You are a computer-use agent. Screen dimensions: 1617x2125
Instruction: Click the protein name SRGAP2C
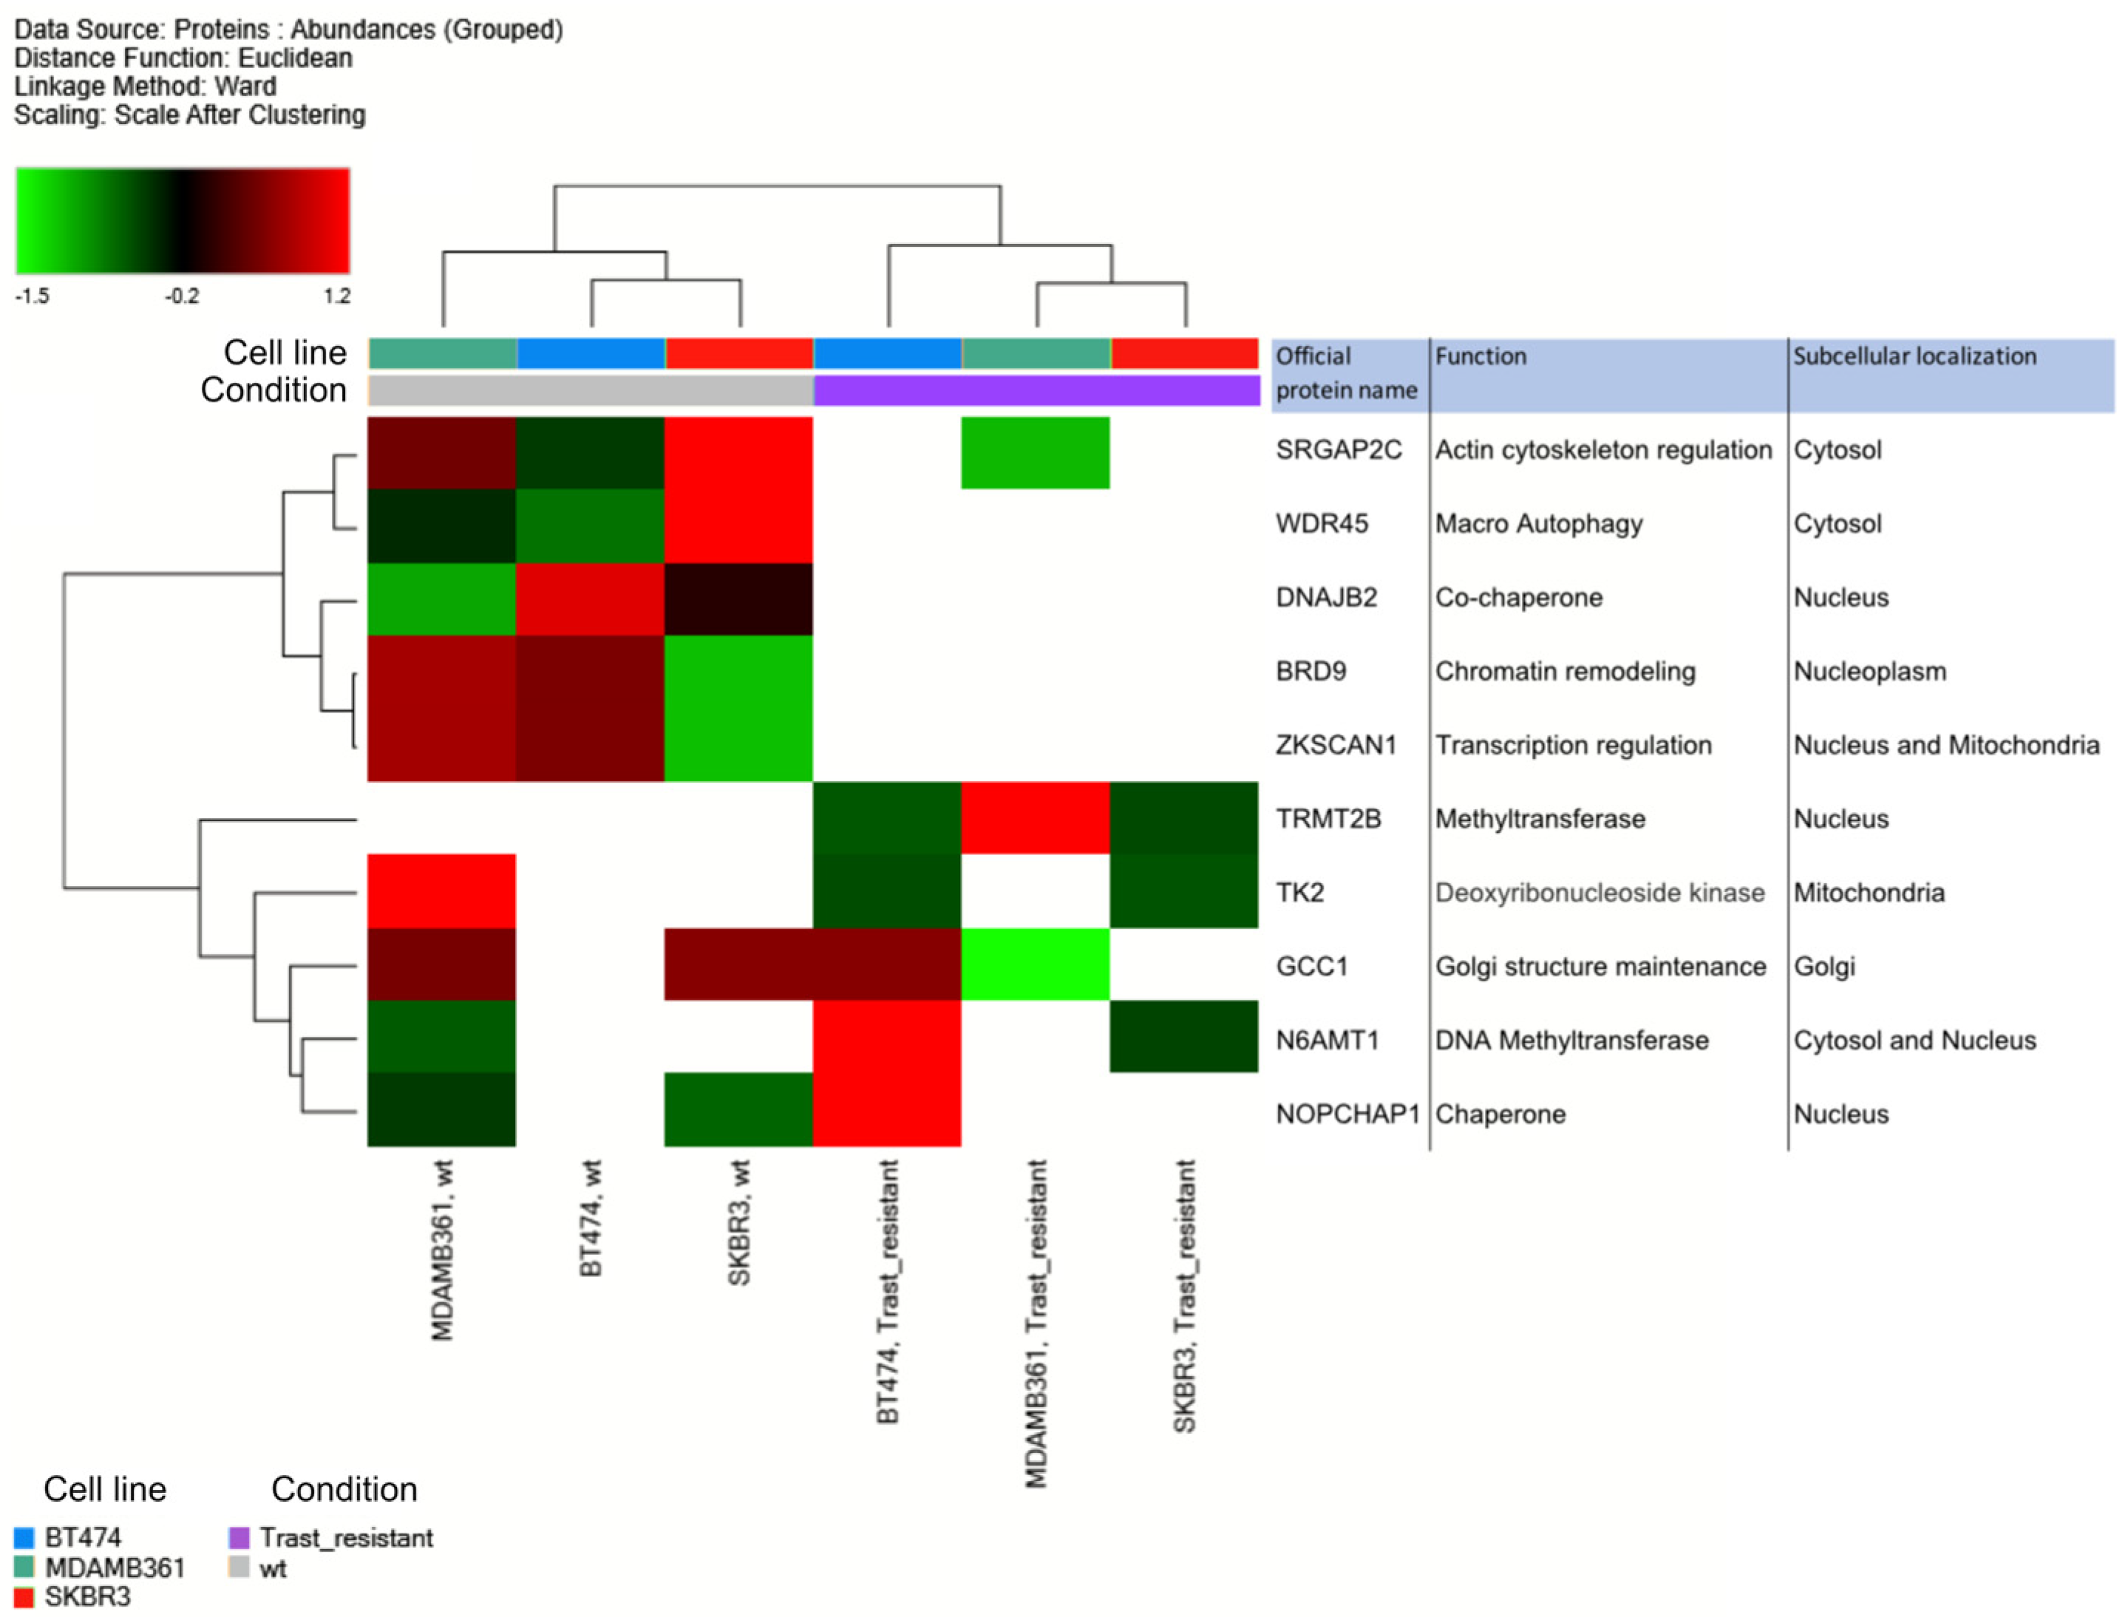point(1338,451)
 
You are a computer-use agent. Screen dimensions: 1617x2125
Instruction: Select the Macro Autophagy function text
point(1538,525)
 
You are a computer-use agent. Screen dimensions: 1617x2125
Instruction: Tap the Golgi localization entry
point(1823,967)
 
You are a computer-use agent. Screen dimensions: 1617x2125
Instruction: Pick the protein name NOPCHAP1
point(1347,1114)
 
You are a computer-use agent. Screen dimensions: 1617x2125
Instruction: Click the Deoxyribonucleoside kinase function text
point(1599,893)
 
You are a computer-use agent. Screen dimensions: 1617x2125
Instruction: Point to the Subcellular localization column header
point(1914,357)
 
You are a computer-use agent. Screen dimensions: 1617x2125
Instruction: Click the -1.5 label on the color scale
point(32,296)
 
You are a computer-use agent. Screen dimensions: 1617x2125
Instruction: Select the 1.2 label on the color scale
point(337,296)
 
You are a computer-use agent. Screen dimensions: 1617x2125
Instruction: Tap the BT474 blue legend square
point(24,1537)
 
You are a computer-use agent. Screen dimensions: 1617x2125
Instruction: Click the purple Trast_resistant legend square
point(239,1537)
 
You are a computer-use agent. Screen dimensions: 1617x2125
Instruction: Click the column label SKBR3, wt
point(739,1223)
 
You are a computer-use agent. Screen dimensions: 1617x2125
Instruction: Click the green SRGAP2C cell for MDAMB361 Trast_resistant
point(1036,452)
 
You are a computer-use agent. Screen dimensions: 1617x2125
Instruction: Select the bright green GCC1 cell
point(1036,964)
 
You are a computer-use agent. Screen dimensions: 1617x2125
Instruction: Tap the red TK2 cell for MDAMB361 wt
point(442,891)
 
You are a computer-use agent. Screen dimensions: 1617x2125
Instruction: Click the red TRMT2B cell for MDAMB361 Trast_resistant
point(1036,818)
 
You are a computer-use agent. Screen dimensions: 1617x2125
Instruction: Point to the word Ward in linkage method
point(245,86)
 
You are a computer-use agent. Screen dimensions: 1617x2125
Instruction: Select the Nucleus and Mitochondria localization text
point(1945,746)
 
